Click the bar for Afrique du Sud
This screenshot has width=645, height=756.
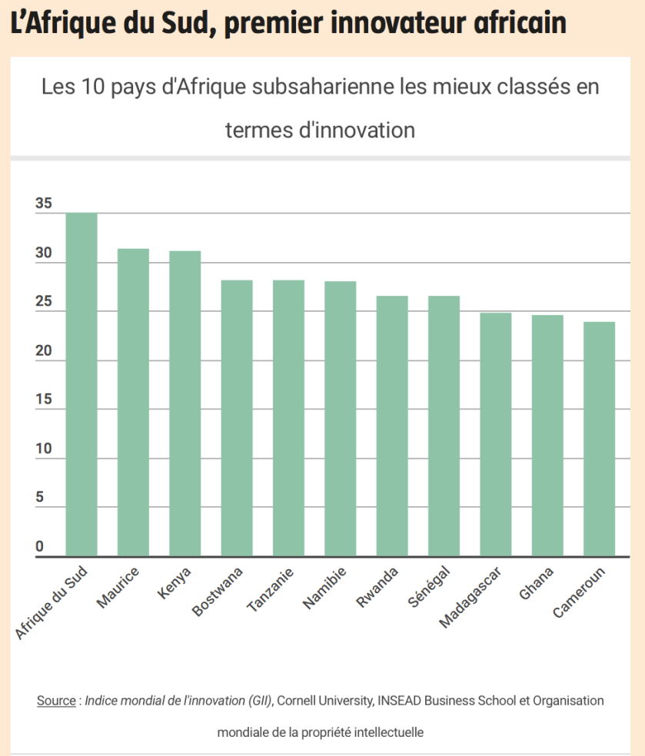tap(81, 384)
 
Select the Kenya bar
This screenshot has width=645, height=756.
tap(185, 403)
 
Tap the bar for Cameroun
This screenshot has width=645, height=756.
tap(599, 439)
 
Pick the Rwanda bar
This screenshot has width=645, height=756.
tap(392, 426)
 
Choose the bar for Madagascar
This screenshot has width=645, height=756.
tap(495, 434)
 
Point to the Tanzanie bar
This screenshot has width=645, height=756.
tap(288, 418)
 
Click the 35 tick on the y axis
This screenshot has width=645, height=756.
tap(44, 204)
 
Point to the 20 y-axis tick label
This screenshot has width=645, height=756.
tap(44, 352)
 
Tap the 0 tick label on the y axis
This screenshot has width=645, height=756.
tap(39, 547)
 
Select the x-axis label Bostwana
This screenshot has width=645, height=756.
tap(218, 591)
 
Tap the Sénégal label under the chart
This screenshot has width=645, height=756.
tap(428, 587)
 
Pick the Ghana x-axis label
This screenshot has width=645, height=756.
tap(537, 583)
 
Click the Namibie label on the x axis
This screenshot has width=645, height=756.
tap(324, 589)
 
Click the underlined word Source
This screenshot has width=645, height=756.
tap(56, 701)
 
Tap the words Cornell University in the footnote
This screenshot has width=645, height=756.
tap(324, 701)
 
